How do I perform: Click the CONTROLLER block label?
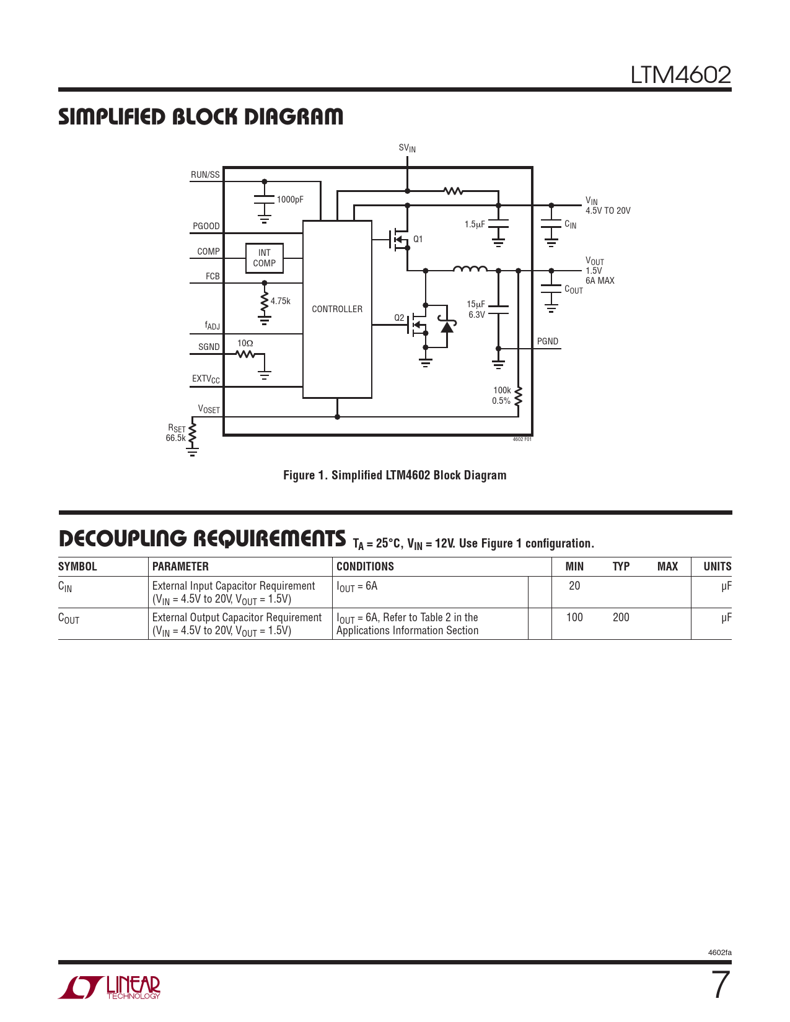point(337,309)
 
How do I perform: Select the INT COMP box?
point(265,258)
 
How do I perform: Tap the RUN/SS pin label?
point(205,175)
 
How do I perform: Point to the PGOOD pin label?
point(206,226)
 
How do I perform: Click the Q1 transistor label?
point(418,239)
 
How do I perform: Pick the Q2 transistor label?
point(399,318)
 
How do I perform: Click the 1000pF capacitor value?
point(290,199)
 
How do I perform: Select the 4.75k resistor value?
point(281,301)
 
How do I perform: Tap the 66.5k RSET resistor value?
point(175,438)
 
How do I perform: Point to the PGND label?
point(548,341)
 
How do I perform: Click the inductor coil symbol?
point(470,268)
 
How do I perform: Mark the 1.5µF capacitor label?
point(475,224)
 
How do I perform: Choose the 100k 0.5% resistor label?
point(502,395)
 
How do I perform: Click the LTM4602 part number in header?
point(680,75)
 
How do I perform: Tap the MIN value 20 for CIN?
point(574,586)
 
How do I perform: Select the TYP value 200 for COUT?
point(621,618)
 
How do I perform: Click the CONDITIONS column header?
point(365,567)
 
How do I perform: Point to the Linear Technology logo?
point(110,987)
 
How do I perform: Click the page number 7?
point(720,985)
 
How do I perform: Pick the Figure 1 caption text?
point(395,475)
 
